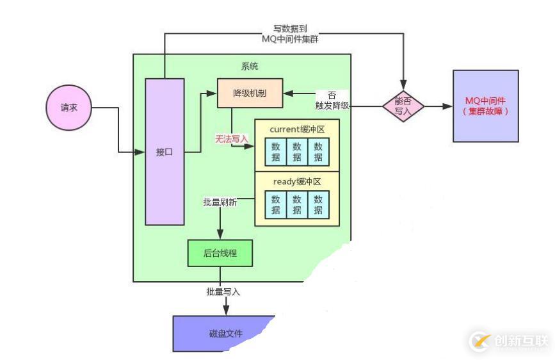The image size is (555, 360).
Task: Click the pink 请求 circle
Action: [68, 108]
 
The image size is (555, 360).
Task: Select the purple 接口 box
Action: [165, 151]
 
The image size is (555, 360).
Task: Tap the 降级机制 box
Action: [249, 94]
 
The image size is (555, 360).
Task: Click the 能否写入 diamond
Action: [403, 106]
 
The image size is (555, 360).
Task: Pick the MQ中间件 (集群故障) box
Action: [485, 106]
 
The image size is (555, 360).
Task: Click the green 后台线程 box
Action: [220, 253]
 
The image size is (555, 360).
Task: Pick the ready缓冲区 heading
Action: [296, 182]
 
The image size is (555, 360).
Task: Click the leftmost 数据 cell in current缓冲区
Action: [275, 152]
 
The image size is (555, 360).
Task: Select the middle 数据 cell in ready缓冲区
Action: [296, 204]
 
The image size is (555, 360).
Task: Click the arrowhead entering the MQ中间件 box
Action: [448, 106]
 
